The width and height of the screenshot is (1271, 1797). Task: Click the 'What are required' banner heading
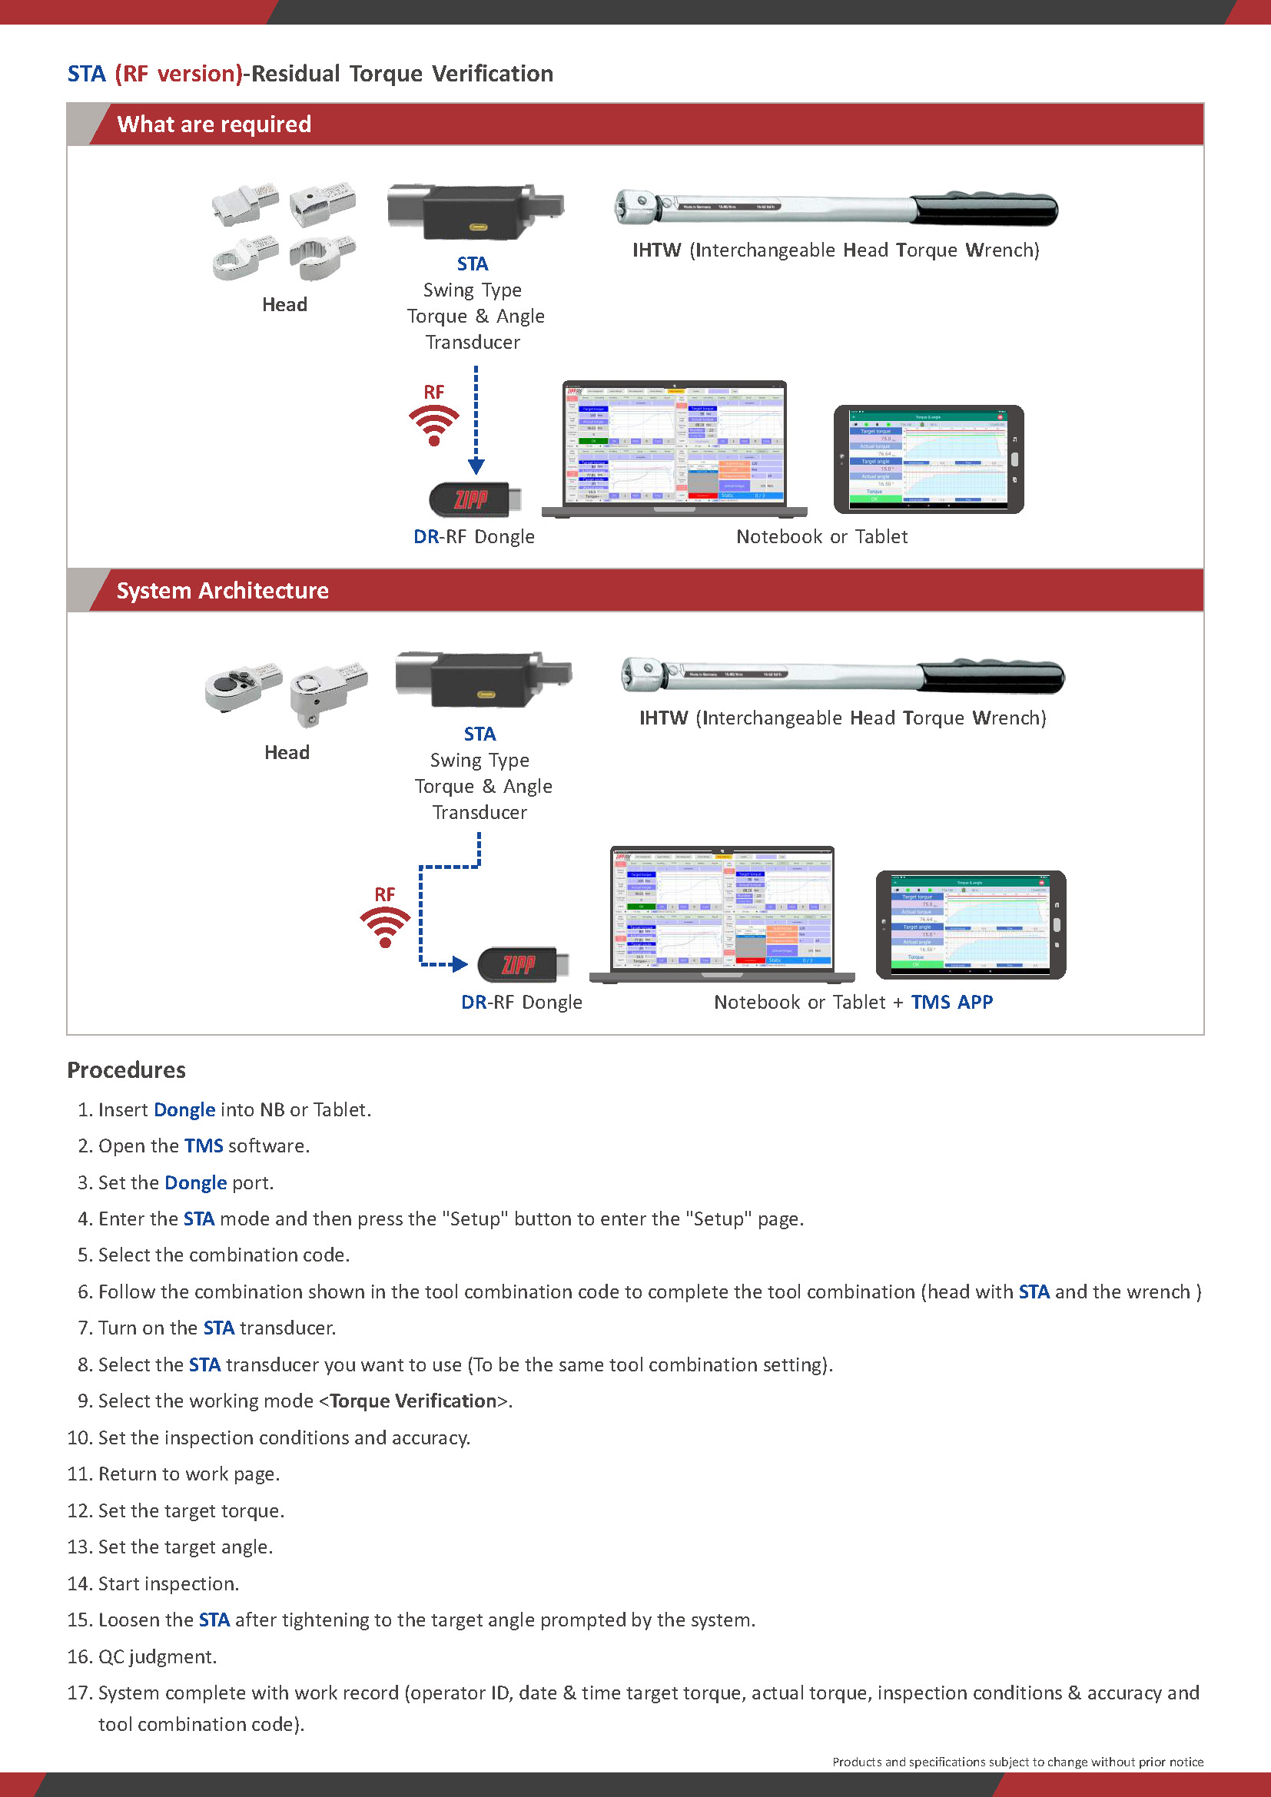click(214, 124)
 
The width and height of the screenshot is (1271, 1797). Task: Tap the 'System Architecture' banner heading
click(222, 590)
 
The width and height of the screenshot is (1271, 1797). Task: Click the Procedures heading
click(126, 1070)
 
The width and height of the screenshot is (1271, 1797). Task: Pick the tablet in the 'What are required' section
click(928, 459)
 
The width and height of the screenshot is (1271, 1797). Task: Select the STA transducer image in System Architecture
click(483, 677)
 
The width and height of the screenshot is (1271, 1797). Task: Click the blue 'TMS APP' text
click(951, 1002)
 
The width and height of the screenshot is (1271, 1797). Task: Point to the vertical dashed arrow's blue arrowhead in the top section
click(476, 466)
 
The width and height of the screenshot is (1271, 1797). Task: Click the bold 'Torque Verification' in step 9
click(413, 1401)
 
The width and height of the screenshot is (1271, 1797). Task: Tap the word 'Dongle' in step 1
click(184, 1109)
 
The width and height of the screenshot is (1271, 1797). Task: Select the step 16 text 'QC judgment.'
click(158, 1656)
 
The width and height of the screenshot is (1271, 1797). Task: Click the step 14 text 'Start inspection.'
click(168, 1583)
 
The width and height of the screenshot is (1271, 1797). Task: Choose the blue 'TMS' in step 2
click(204, 1146)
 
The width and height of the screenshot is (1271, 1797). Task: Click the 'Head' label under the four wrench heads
click(285, 304)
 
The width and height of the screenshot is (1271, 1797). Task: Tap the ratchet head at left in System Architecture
click(242, 685)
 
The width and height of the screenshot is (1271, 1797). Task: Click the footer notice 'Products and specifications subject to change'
click(1017, 1762)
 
